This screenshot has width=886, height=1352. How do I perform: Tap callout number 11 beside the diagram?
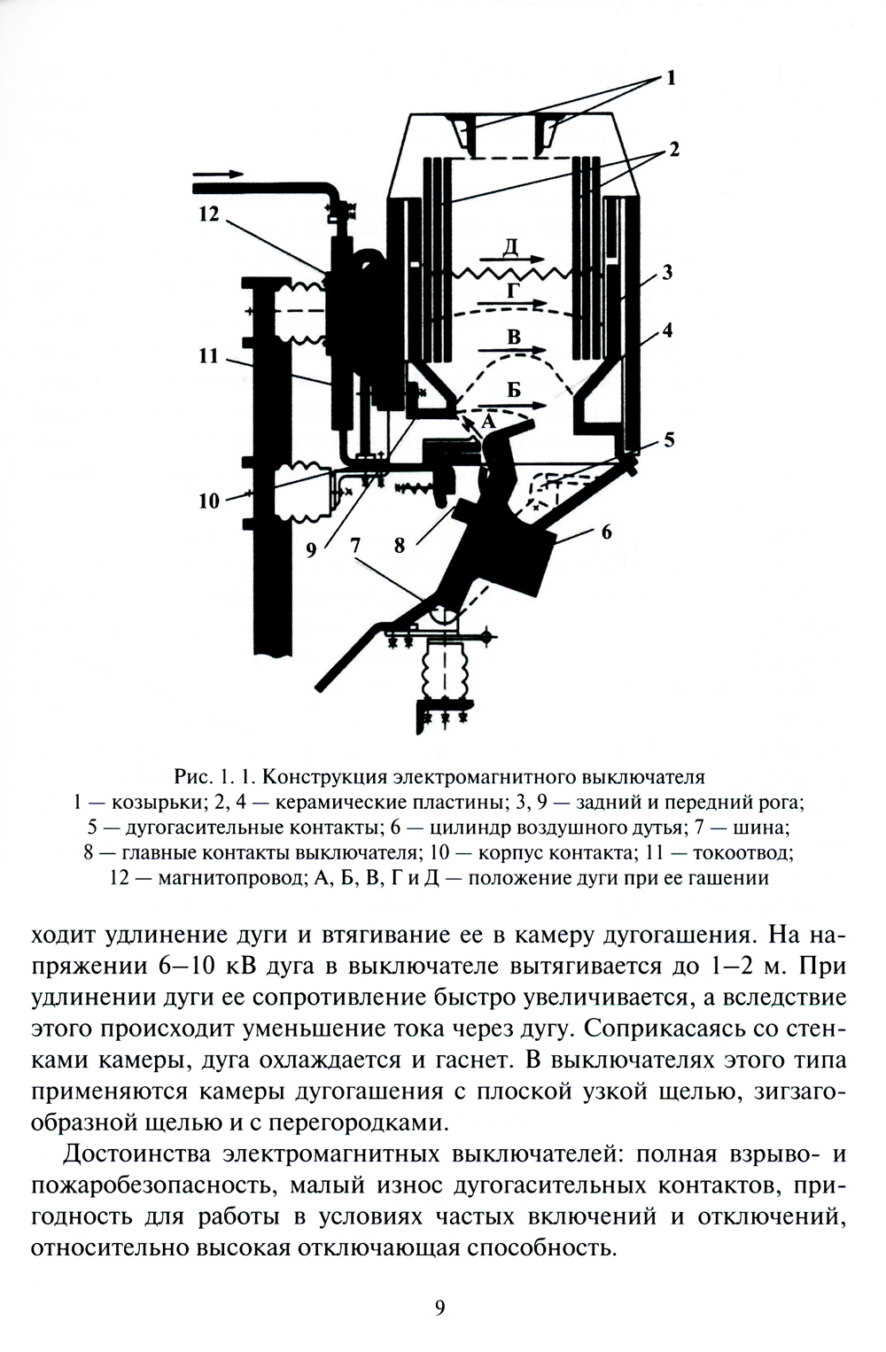tap(209, 356)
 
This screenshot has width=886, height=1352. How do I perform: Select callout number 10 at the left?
tap(209, 501)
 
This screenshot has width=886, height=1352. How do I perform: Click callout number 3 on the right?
tap(667, 272)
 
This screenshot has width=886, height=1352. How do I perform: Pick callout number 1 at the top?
tap(671, 79)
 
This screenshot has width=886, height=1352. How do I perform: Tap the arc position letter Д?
tap(509, 246)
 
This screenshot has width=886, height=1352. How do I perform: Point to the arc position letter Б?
tap(513, 389)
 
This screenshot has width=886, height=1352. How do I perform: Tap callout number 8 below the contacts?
tap(400, 546)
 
